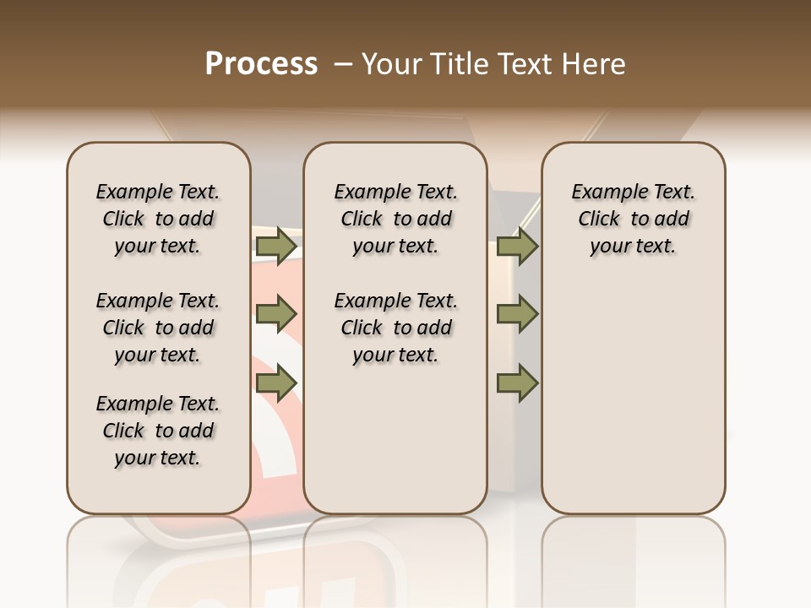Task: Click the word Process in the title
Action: (261, 64)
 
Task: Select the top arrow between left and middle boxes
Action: (275, 247)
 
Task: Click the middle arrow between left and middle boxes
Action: (275, 315)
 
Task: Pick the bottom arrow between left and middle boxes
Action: (275, 383)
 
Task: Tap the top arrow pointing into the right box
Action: (517, 247)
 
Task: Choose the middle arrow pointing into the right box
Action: (517, 315)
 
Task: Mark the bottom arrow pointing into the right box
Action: (517, 383)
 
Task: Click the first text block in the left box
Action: (158, 219)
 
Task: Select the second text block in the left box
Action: (158, 328)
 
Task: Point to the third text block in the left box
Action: (158, 431)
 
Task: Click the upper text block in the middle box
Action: (395, 219)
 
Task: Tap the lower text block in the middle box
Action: (395, 328)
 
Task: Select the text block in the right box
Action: (633, 219)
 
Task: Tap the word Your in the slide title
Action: (386, 64)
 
